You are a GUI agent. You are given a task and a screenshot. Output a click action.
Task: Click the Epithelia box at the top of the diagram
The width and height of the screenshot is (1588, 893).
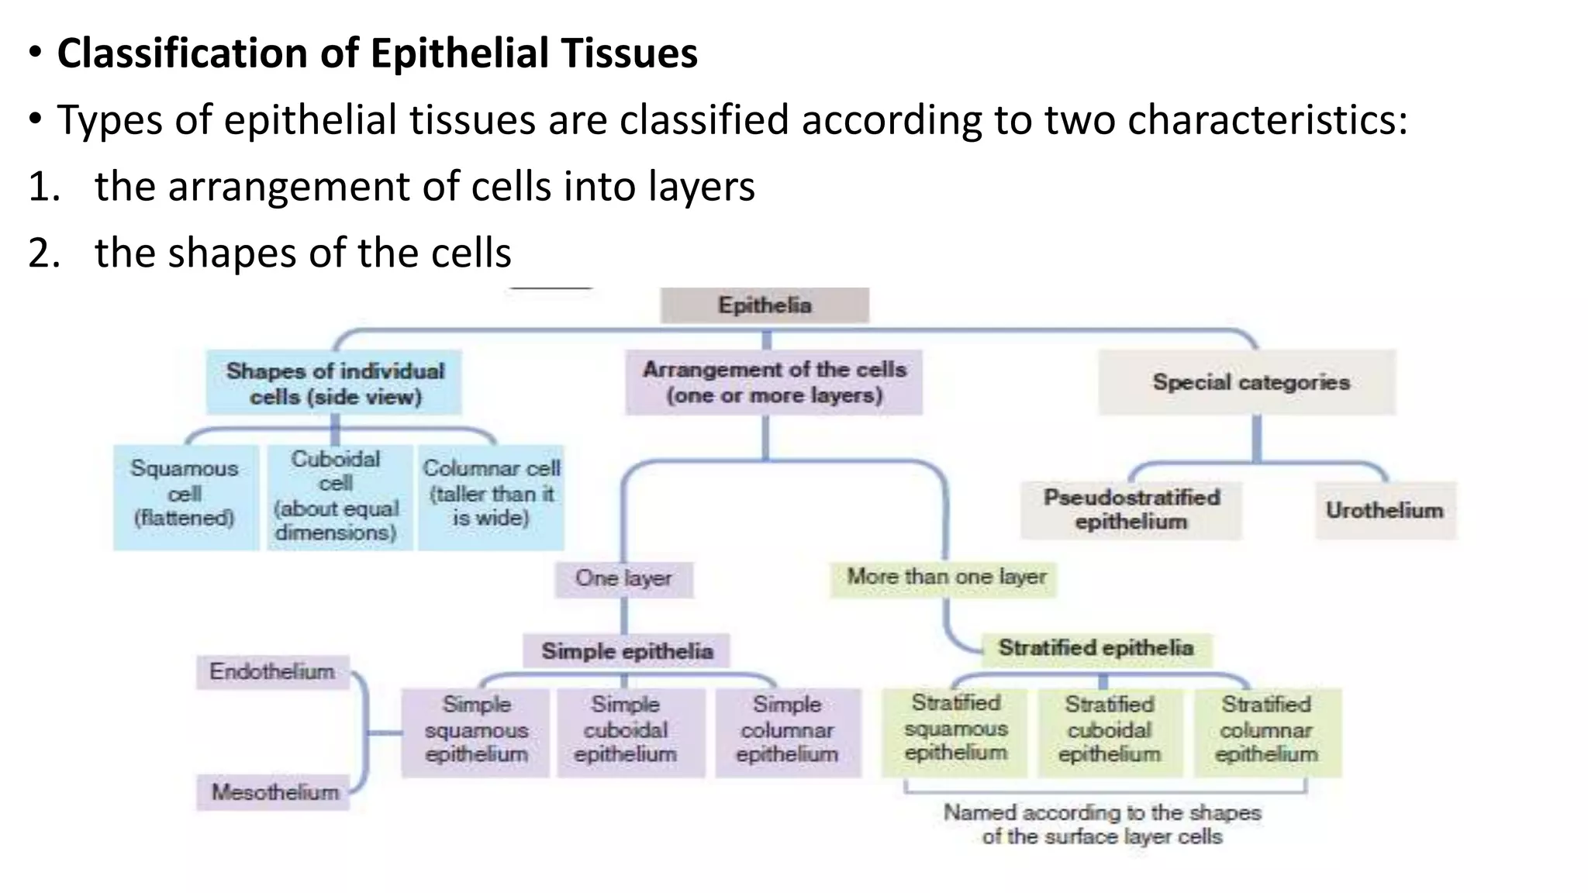[765, 305]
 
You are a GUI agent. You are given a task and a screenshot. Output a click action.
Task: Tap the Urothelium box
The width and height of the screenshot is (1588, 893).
[1385, 510]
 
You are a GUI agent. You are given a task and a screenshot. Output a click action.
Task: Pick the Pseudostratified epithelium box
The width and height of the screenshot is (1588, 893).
[1131, 509]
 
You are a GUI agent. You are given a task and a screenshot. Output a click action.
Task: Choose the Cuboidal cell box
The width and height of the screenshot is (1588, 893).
[337, 496]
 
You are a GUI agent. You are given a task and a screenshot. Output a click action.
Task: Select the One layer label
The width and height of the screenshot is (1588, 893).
[623, 578]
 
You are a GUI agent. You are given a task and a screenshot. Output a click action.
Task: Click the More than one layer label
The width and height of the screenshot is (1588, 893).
[945, 578]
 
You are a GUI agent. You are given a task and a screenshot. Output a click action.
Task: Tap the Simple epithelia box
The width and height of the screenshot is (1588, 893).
[627, 651]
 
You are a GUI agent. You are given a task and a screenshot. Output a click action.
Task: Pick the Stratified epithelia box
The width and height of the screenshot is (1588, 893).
[1095, 648]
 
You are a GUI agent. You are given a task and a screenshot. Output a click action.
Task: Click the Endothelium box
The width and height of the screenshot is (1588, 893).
[272, 671]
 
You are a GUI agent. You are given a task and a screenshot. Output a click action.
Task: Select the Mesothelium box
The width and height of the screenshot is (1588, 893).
[274, 792]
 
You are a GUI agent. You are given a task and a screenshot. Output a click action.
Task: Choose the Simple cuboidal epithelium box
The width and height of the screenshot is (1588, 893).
[626, 730]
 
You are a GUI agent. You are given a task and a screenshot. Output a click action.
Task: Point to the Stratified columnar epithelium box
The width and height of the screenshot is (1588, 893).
[1266, 730]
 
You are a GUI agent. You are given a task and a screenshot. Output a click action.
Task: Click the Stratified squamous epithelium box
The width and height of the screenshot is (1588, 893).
[956, 729]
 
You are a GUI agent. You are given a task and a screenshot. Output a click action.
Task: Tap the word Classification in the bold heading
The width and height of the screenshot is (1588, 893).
[182, 53]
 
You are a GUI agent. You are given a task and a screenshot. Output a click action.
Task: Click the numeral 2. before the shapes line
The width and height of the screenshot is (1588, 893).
[44, 253]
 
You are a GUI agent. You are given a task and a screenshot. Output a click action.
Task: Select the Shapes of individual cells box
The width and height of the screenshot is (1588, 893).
[335, 383]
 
